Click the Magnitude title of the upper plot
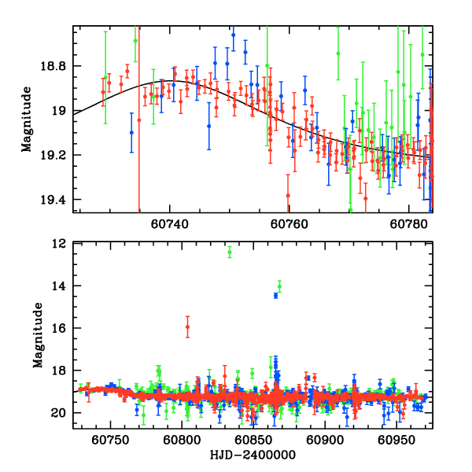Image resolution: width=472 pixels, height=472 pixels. pos(27,119)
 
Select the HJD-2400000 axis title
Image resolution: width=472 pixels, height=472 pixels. pos(253,455)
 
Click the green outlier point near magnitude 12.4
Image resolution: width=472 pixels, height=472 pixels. pos(230,252)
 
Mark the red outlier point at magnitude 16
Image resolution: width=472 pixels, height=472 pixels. pos(187,327)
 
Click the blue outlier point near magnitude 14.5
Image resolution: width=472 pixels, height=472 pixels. pos(275,295)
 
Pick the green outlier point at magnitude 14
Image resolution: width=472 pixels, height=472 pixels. pos(279,286)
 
